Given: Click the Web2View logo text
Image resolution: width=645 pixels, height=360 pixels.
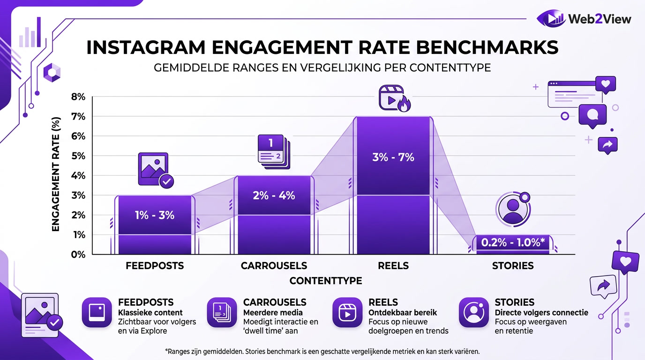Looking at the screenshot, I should coord(600,19).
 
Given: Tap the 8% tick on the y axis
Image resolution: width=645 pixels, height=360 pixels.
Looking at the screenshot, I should coord(78,97).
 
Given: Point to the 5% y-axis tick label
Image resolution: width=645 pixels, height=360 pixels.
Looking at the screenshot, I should coord(78,156).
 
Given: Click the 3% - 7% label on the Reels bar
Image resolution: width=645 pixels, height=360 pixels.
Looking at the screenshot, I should coord(393,157).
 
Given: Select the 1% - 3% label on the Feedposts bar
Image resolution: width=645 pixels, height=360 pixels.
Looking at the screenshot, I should coord(154,215).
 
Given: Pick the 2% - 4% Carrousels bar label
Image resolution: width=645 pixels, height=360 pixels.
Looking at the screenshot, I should coord(274,195).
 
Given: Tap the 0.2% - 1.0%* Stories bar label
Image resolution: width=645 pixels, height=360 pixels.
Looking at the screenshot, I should coord(513,242).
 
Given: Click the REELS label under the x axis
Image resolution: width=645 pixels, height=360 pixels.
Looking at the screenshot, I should coord(393,266).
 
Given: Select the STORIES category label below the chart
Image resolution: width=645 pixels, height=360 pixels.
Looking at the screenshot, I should coord(513,266).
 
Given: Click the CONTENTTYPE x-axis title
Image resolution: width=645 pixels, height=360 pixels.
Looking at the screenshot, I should coord(326,281).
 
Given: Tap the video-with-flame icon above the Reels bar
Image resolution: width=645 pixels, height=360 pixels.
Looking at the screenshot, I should coord(394,98).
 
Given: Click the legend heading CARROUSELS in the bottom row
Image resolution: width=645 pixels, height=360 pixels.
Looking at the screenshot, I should coord(275,302).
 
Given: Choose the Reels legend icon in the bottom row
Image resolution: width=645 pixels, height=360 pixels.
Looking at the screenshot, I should coord(347,312).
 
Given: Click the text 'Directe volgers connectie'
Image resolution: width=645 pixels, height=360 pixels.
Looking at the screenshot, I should coord(541,313).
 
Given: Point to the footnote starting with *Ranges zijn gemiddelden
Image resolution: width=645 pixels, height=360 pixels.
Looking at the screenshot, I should coord(322,351).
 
